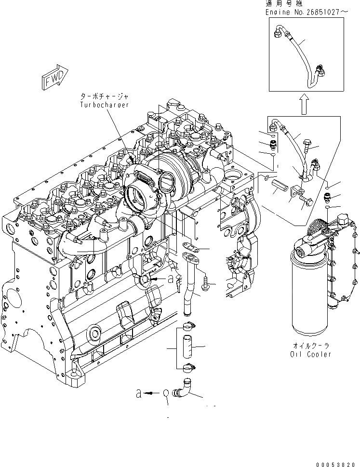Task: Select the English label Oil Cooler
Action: point(310,354)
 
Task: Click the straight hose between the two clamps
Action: point(187,346)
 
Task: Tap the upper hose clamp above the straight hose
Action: point(187,326)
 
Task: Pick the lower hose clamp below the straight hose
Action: point(188,370)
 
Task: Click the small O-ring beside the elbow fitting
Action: point(166,394)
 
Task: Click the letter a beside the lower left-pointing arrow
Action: point(139,394)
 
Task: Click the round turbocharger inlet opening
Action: point(169,182)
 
